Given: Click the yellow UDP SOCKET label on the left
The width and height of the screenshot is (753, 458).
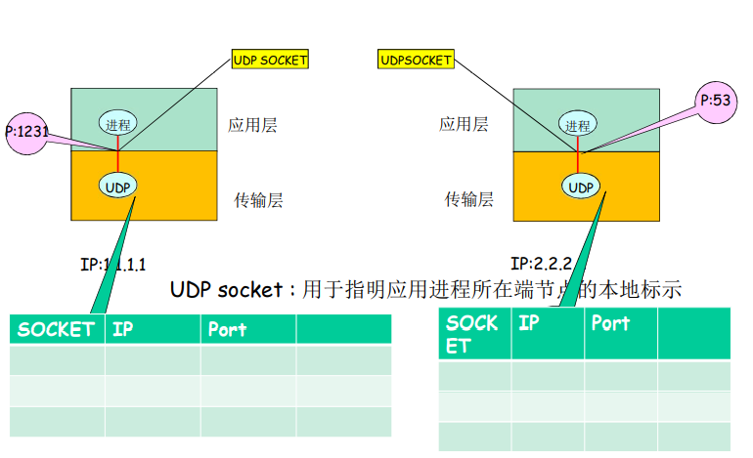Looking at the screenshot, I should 270,60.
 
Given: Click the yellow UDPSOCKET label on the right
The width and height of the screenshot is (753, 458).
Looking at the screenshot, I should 416,61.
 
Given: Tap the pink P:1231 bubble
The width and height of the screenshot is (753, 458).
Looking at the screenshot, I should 28,129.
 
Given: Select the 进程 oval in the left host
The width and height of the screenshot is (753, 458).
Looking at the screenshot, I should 117,123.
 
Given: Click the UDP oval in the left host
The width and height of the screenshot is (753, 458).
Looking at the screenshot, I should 117,186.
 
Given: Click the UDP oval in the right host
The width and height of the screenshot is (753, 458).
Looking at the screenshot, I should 580,187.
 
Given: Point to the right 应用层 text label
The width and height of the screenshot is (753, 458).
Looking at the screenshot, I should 464,124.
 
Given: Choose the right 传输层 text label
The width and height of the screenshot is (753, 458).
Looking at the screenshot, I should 469,199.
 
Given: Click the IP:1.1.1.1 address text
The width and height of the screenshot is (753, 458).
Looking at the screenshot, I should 112,264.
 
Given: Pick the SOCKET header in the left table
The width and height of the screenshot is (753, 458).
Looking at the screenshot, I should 56,330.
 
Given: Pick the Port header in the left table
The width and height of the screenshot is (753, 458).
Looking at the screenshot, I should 228,330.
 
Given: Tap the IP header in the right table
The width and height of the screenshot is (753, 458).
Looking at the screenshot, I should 529,322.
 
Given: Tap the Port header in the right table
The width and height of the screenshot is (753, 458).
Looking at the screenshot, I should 610,322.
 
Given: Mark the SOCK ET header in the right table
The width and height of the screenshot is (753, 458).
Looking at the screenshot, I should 472,333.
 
